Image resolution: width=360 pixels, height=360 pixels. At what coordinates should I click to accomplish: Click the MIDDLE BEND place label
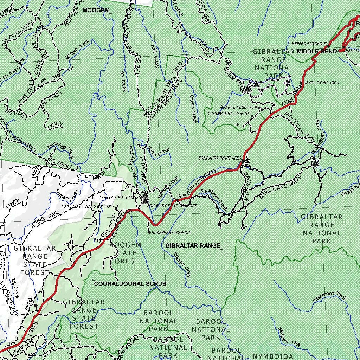(x=317, y=51)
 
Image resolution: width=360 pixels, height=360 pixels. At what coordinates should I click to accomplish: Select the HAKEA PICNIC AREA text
(x=321, y=83)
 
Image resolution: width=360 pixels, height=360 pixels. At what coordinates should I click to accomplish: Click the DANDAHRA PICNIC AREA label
(x=220, y=158)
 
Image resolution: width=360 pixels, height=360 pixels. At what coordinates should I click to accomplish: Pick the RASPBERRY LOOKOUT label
(x=172, y=232)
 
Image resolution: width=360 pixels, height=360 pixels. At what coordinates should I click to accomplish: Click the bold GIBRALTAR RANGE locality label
(x=193, y=245)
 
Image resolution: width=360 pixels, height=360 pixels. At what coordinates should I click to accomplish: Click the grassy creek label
(x=193, y=109)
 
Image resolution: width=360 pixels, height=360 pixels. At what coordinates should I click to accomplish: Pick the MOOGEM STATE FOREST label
(x=125, y=253)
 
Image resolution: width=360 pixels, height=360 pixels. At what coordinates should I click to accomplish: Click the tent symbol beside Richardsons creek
(x=315, y=163)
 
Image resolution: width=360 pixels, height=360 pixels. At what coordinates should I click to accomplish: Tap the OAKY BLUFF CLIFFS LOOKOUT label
(x=88, y=206)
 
